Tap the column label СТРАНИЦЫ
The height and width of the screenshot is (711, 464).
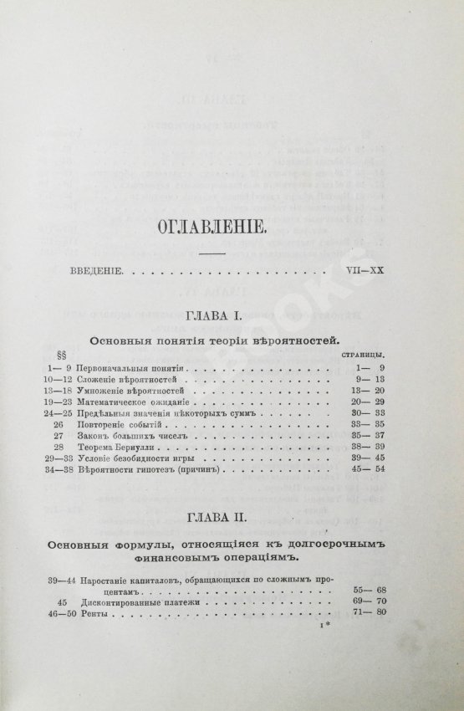click(x=370, y=355)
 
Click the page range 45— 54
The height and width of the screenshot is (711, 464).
click(x=371, y=472)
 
